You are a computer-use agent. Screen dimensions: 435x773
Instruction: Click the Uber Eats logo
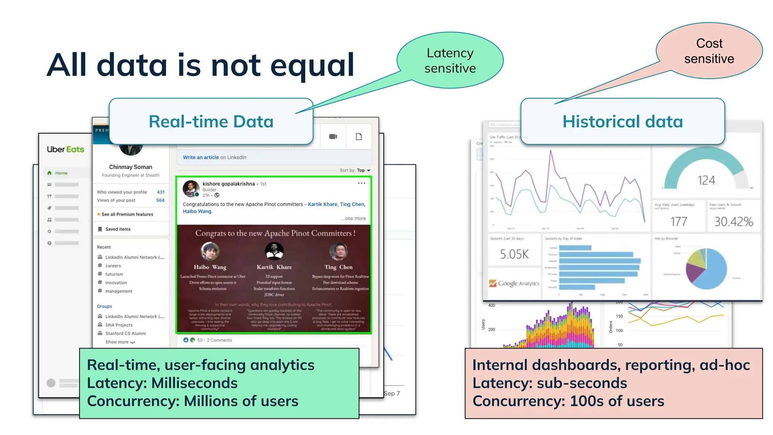click(x=65, y=150)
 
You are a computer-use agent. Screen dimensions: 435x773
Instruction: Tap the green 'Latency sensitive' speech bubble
click(x=450, y=60)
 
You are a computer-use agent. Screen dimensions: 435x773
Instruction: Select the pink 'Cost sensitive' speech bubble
click(x=709, y=51)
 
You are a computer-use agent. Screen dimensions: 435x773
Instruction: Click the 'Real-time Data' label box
click(x=211, y=122)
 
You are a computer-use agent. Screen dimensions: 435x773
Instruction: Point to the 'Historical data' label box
click(x=622, y=122)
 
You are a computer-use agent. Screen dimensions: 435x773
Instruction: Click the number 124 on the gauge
click(x=706, y=180)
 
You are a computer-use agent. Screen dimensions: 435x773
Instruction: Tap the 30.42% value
click(x=733, y=222)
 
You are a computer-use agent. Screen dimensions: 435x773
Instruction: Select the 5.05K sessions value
click(x=514, y=254)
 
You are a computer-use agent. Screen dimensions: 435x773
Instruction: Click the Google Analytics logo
click(x=514, y=283)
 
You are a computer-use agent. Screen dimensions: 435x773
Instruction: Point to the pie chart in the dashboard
click(x=706, y=269)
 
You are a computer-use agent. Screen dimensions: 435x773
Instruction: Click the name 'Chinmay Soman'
click(x=131, y=167)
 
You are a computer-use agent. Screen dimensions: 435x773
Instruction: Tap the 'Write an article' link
click(x=201, y=157)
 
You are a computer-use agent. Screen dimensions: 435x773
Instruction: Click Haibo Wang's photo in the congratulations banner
click(x=210, y=251)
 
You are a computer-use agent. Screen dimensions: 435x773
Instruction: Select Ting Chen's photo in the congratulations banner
click(x=338, y=251)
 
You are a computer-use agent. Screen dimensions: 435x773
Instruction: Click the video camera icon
click(x=333, y=137)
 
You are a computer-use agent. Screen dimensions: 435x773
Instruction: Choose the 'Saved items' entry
click(x=117, y=229)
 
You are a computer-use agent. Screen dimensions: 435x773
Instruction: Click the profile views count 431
click(x=160, y=192)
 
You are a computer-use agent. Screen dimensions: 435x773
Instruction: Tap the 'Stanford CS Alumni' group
click(x=125, y=333)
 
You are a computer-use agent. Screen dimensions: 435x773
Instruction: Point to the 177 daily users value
click(x=678, y=222)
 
